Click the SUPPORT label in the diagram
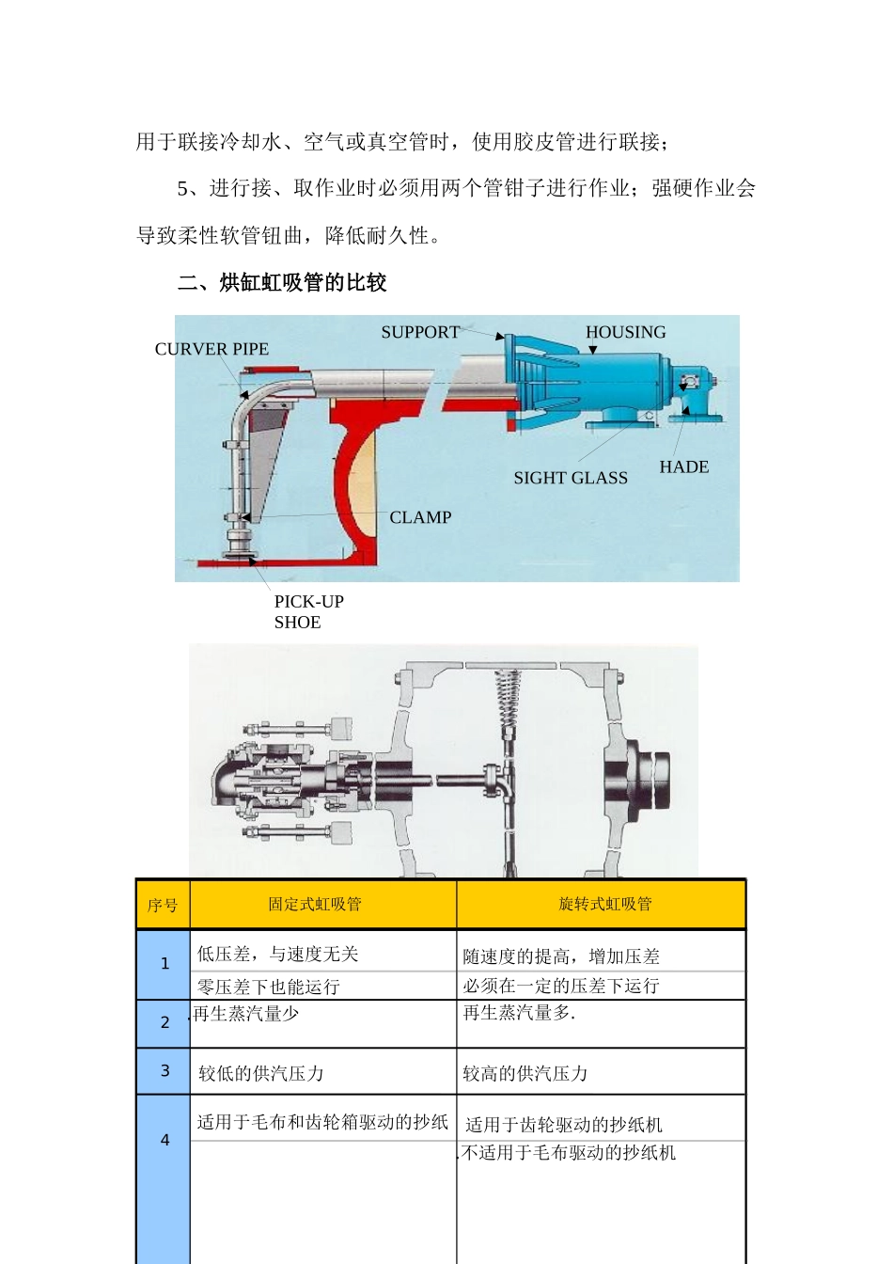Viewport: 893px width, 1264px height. (419, 332)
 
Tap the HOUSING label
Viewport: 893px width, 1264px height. (625, 332)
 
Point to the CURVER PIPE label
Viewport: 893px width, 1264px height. (211, 349)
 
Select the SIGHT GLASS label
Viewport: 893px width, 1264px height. (570, 478)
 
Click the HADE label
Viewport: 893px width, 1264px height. (683, 466)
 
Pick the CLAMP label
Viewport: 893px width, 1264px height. (420, 517)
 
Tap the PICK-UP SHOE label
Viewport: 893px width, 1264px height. (308, 611)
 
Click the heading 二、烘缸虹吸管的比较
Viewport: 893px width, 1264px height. (282, 282)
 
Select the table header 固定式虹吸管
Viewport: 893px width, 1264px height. (314, 904)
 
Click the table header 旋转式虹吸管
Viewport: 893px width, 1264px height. (604, 904)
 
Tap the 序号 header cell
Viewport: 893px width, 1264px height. (163, 905)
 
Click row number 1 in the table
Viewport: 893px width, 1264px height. (164, 964)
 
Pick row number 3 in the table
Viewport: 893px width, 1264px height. (164, 1071)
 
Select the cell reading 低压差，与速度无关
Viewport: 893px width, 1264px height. (277, 954)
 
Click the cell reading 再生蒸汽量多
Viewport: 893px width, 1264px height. (519, 1013)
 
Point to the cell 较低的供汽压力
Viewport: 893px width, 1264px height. (261, 1073)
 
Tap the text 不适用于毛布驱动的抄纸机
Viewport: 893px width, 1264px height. (569, 1152)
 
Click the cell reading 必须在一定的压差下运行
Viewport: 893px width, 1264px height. (561, 986)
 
